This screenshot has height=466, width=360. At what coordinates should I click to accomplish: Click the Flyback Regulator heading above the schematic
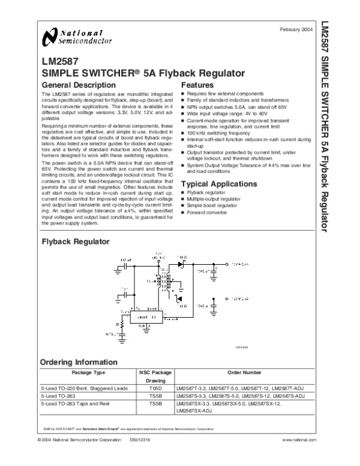click(x=75, y=241)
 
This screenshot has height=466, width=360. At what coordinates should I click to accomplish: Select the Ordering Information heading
click(x=79, y=362)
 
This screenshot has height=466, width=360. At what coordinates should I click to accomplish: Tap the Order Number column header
click(x=244, y=372)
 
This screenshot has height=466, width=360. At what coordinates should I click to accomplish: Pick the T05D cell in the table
click(x=155, y=389)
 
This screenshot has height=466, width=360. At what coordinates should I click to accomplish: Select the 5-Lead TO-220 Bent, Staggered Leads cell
click(x=84, y=389)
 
